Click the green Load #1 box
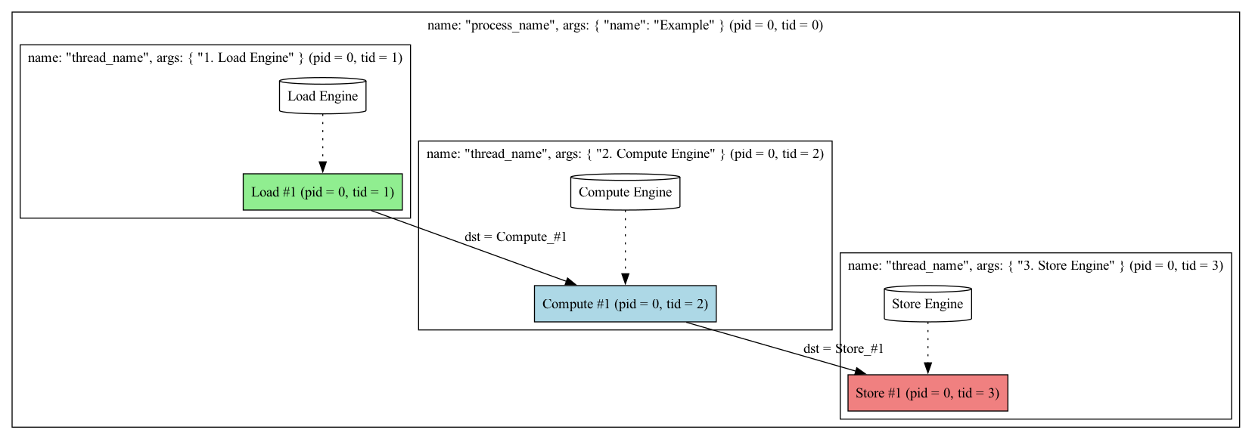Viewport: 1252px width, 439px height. [x=322, y=192]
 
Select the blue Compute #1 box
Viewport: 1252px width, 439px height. [x=625, y=304]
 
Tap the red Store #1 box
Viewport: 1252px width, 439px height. [x=927, y=393]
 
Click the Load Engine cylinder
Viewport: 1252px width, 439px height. [x=322, y=96]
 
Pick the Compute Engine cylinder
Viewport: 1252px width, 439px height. [x=625, y=192]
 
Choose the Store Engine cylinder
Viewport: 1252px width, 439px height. [x=927, y=304]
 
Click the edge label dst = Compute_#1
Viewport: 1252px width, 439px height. [x=515, y=237]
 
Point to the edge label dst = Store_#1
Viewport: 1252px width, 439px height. [x=843, y=348]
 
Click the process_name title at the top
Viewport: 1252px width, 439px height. [x=625, y=25]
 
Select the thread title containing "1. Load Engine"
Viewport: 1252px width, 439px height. [x=215, y=57]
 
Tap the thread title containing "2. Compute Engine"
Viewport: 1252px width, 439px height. [x=625, y=154]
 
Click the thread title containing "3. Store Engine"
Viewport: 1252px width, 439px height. [x=1035, y=265]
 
